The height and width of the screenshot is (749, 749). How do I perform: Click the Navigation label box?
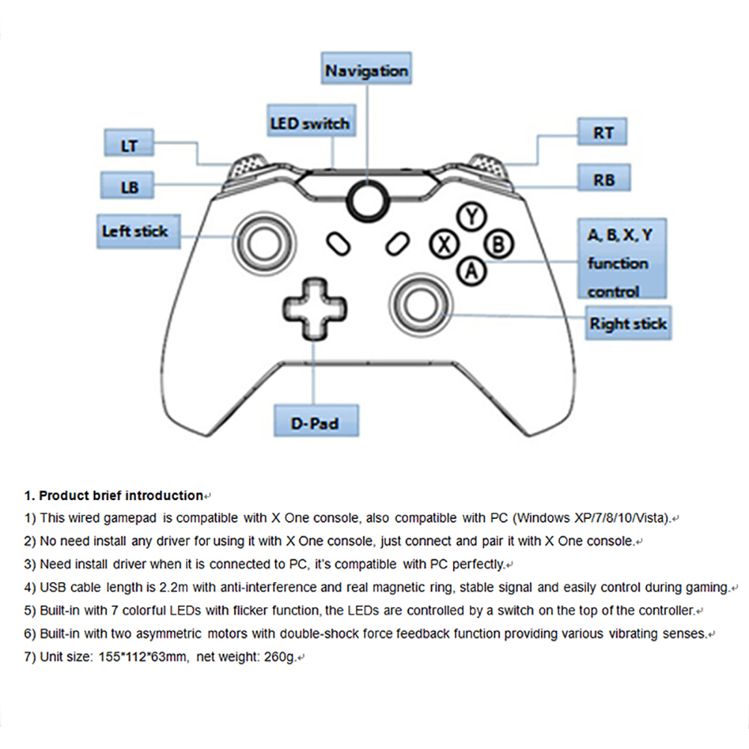(x=366, y=71)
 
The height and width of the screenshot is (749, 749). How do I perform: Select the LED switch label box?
(x=309, y=123)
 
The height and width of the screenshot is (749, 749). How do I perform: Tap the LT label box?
(x=129, y=145)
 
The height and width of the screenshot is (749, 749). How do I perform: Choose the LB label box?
(x=129, y=186)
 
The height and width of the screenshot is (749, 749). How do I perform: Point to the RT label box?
(x=603, y=133)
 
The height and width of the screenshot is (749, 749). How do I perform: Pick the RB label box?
(x=603, y=179)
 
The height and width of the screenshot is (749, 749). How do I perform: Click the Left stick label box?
(x=135, y=231)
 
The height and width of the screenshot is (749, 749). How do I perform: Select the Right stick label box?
(x=628, y=324)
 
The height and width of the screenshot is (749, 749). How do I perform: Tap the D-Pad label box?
(x=315, y=423)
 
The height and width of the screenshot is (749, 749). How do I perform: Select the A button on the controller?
(x=472, y=269)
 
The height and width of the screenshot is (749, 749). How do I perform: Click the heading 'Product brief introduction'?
(x=120, y=496)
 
